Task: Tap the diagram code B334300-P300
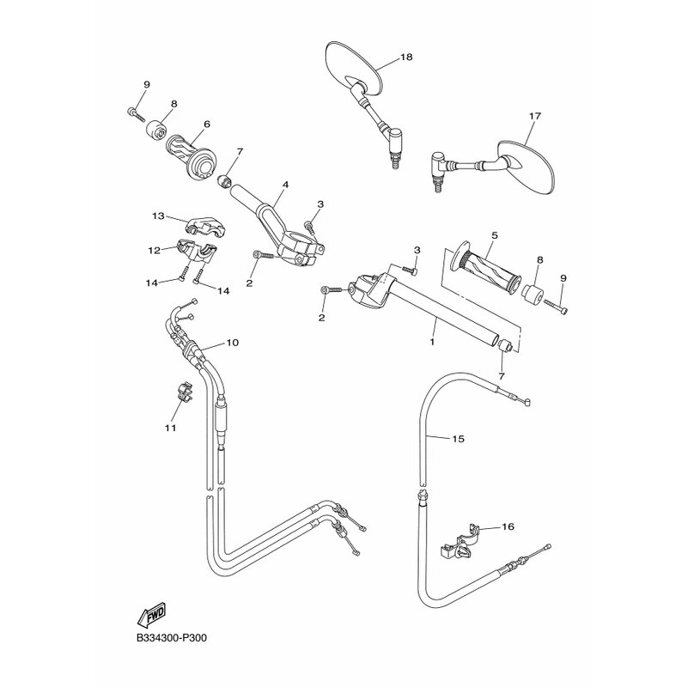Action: pyautogui.click(x=171, y=637)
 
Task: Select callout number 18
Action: pyautogui.click(x=406, y=57)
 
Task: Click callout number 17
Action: pyautogui.click(x=535, y=116)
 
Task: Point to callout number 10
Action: pyautogui.click(x=232, y=342)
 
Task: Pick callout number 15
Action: pyautogui.click(x=458, y=439)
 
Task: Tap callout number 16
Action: pyautogui.click(x=508, y=526)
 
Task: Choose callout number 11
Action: pyautogui.click(x=170, y=428)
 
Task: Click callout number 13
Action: pyautogui.click(x=158, y=216)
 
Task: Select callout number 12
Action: pyautogui.click(x=154, y=250)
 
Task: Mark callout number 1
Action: pyautogui.click(x=432, y=341)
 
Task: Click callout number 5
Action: pyautogui.click(x=495, y=235)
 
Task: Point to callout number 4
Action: pyautogui.click(x=285, y=185)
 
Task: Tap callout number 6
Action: pyautogui.click(x=207, y=124)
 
